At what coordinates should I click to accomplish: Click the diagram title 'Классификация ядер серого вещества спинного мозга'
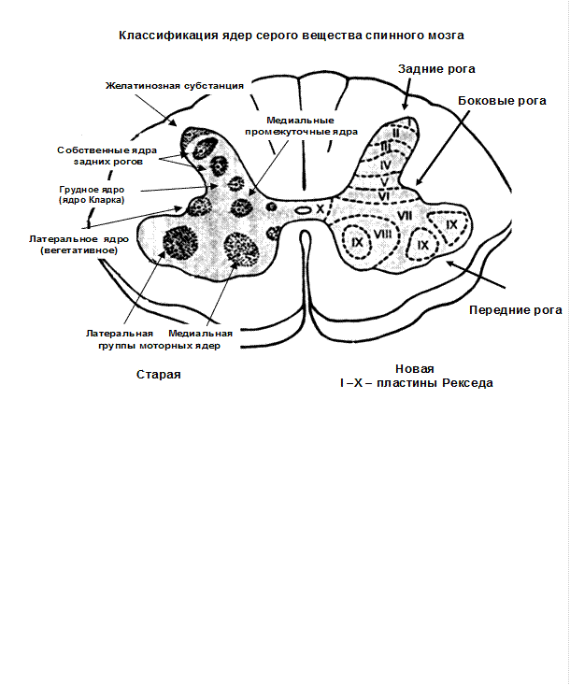coord(292,36)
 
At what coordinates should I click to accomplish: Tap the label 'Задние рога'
coord(436,69)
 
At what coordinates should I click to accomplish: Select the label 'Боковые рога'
coord(502,101)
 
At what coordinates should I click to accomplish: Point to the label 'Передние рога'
coord(516,310)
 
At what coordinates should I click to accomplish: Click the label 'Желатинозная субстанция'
coord(175,86)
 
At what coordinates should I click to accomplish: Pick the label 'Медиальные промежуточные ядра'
coord(301,126)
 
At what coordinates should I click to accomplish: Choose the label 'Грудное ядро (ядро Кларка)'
coord(92,194)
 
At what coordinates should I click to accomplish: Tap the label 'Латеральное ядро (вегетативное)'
coord(79,245)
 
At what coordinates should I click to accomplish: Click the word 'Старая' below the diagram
coord(159,375)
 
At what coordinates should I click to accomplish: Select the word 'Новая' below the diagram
coord(415,369)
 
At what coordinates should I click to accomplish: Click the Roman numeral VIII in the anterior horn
coord(382,234)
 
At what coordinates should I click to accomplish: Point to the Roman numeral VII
coord(405,215)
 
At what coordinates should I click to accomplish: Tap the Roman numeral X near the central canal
coord(321,208)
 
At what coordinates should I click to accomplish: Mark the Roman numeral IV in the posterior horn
coord(385,165)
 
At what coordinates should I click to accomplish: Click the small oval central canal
coord(302,210)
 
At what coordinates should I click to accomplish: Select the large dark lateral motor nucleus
coord(180,243)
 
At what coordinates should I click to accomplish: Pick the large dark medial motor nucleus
coord(241,249)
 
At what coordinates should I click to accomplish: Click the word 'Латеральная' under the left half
coord(120,334)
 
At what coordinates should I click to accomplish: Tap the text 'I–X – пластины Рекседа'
coord(417,383)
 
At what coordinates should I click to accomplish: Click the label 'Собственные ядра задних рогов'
coord(107,156)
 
